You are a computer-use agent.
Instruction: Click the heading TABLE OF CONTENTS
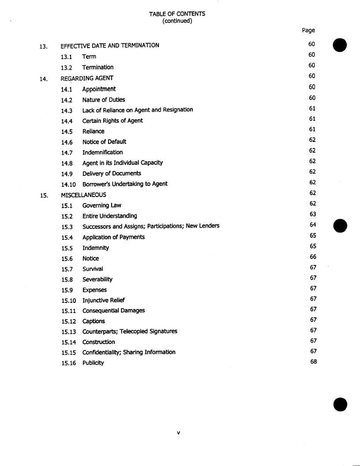(x=177, y=14)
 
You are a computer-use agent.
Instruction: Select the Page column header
(x=308, y=30)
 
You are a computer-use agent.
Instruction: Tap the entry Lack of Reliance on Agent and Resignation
(x=138, y=110)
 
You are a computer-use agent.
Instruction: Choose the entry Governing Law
(x=102, y=205)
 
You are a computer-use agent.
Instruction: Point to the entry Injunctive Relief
(x=104, y=300)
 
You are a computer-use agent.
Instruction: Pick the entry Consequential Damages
(x=113, y=310)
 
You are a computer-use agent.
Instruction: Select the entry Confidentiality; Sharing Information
(x=129, y=352)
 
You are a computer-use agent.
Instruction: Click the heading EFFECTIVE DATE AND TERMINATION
(x=110, y=45)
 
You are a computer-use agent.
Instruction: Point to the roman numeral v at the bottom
(x=178, y=432)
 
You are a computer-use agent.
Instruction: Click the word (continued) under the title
(x=177, y=21)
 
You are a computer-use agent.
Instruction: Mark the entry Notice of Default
(x=104, y=142)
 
